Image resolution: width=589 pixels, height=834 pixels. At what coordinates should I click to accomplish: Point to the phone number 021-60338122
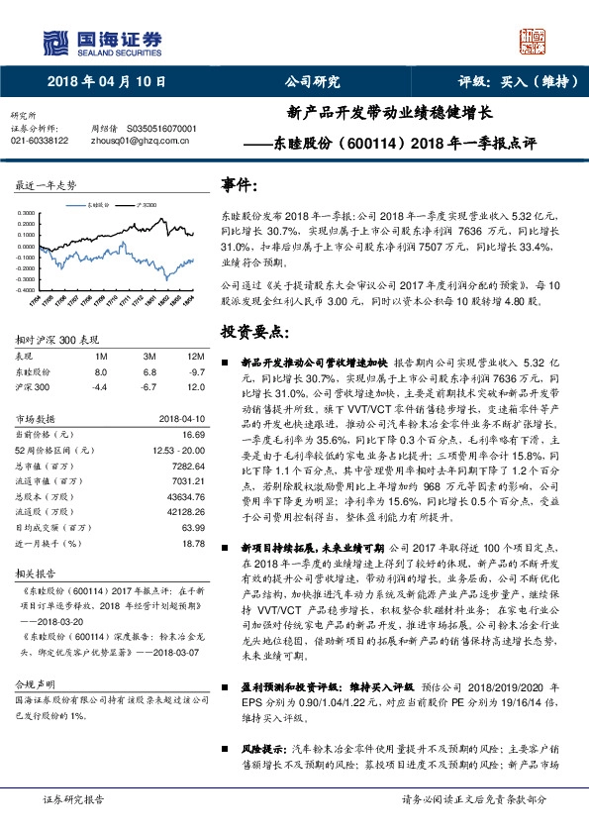tap(40, 142)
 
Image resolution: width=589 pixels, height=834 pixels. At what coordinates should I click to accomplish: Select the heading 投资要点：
tap(254, 331)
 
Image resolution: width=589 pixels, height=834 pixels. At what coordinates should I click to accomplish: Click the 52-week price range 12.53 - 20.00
tap(178, 451)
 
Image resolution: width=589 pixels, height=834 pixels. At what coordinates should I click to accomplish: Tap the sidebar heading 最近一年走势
tap(46, 185)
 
